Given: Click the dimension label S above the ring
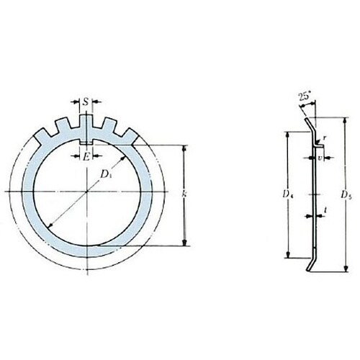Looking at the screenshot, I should point(86,102).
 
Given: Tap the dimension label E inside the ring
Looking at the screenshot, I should point(86,156).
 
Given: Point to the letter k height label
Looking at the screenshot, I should point(185,194).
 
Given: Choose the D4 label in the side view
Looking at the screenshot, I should point(287,194).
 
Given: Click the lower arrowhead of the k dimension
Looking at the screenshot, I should point(185,243).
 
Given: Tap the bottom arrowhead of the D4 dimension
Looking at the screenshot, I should point(288,256).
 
